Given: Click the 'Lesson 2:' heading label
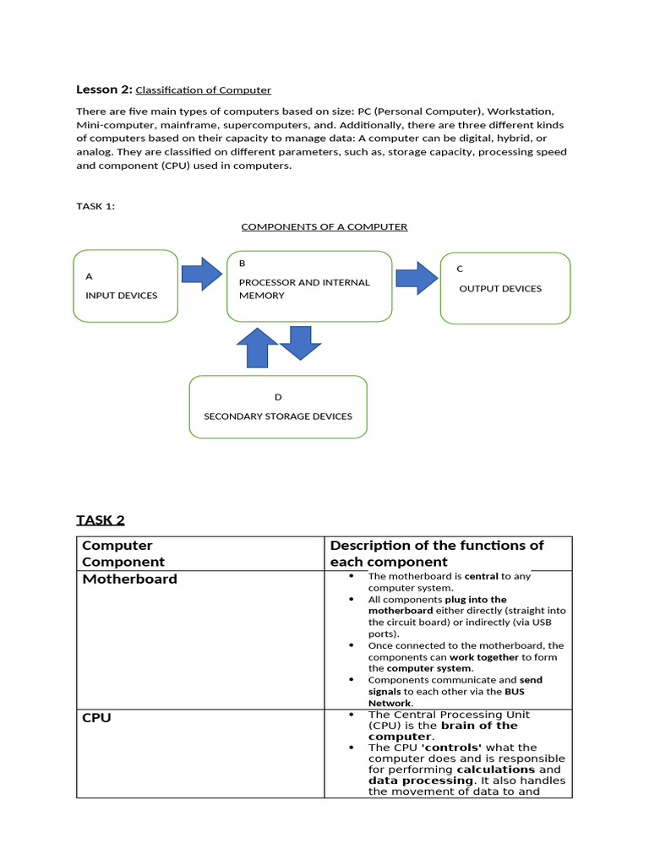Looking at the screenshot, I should (104, 90).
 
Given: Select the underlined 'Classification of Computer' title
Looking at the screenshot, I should (203, 90).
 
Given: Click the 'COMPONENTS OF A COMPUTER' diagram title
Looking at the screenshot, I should (324, 226).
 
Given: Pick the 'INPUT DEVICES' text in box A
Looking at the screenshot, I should (122, 296).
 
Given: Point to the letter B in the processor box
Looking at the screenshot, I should (243, 264).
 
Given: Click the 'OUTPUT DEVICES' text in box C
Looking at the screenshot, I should (500, 289).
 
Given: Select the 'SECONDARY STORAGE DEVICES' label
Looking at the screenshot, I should (278, 416).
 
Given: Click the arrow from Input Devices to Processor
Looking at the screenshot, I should (202, 273).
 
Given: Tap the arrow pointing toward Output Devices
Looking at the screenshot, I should (417, 277).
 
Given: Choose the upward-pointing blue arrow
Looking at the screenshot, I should (257, 347).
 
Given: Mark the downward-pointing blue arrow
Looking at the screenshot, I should (300, 342).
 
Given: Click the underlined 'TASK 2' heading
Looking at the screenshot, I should (101, 520).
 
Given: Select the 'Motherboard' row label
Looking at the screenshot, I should (129, 579).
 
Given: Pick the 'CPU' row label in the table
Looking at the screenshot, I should (96, 718).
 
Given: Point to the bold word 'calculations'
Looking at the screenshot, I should (496, 770).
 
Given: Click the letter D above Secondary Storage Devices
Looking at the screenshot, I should (278, 397).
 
